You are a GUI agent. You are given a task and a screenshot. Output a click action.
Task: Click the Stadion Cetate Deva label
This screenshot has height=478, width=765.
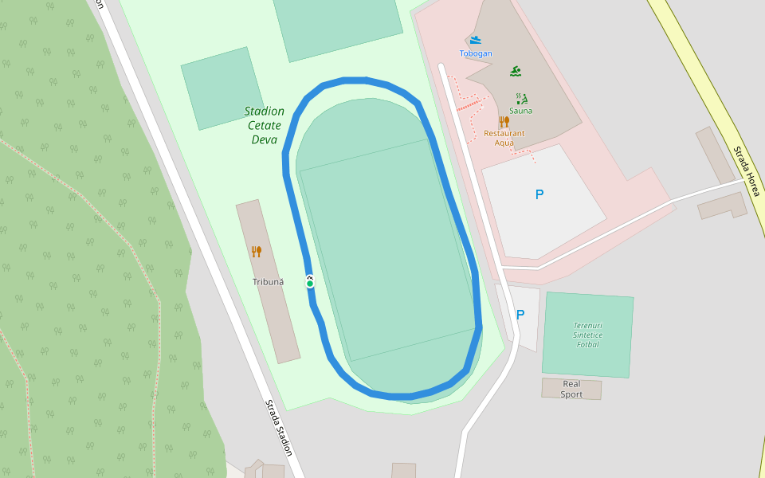(265, 125)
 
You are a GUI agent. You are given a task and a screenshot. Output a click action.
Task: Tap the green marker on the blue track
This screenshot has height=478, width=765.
(310, 283)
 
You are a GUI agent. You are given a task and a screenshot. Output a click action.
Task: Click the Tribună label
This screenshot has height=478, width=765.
(268, 282)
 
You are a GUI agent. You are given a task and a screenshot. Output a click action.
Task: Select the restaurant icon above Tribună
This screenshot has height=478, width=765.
(257, 252)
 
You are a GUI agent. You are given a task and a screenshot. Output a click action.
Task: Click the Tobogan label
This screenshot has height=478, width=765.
(476, 53)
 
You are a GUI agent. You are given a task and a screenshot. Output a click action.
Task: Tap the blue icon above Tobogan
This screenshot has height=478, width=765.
(476, 40)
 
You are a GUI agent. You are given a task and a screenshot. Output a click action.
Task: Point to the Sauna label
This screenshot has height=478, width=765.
(522, 111)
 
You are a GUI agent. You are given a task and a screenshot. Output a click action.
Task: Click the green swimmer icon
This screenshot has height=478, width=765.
(516, 72)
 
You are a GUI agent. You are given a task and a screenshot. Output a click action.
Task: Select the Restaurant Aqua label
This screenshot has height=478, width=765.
(504, 138)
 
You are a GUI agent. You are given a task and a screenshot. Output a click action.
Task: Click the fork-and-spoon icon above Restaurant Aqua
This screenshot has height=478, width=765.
(504, 121)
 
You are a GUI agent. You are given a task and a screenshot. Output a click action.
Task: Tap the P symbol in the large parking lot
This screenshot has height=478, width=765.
(539, 194)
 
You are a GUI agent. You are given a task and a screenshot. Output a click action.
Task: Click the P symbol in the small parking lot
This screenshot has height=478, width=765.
(520, 315)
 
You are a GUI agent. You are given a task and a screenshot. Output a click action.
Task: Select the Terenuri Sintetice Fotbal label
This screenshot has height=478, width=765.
(588, 335)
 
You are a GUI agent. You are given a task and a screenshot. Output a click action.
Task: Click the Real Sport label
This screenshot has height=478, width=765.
(571, 389)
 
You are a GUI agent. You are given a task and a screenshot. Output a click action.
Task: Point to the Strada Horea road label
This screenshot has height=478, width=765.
(747, 171)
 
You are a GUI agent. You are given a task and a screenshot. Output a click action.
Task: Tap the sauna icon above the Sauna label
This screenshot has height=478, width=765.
(522, 99)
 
